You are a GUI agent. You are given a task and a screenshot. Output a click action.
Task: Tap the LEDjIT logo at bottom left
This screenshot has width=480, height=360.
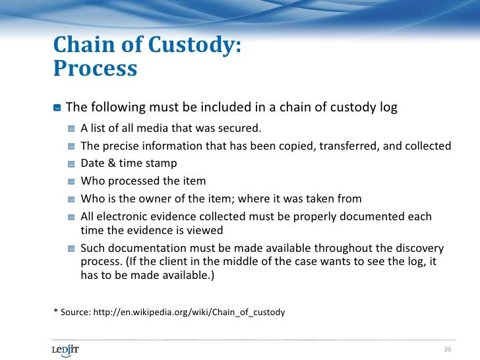[x=65, y=349]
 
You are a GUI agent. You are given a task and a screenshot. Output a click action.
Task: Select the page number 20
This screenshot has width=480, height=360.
[x=448, y=349]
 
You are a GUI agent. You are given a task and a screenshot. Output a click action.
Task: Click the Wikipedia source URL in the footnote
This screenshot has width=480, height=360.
[x=191, y=312]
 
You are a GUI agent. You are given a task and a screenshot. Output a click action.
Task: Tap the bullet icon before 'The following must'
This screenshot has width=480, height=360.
[x=57, y=107]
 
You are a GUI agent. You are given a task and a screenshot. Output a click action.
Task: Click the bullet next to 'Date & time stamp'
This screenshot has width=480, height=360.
[x=71, y=164]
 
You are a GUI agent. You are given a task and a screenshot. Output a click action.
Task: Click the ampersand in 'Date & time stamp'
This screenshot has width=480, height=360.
[x=110, y=164]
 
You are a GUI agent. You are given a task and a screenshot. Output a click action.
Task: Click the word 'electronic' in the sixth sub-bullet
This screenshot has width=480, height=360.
[x=123, y=217]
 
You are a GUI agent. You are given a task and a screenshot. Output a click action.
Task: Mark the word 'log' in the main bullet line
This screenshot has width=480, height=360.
[x=388, y=107]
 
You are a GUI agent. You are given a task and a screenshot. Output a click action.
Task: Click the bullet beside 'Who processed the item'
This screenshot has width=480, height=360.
[x=71, y=181]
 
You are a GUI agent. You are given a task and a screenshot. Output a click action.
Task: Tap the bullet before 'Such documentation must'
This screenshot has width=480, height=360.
[x=71, y=249]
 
